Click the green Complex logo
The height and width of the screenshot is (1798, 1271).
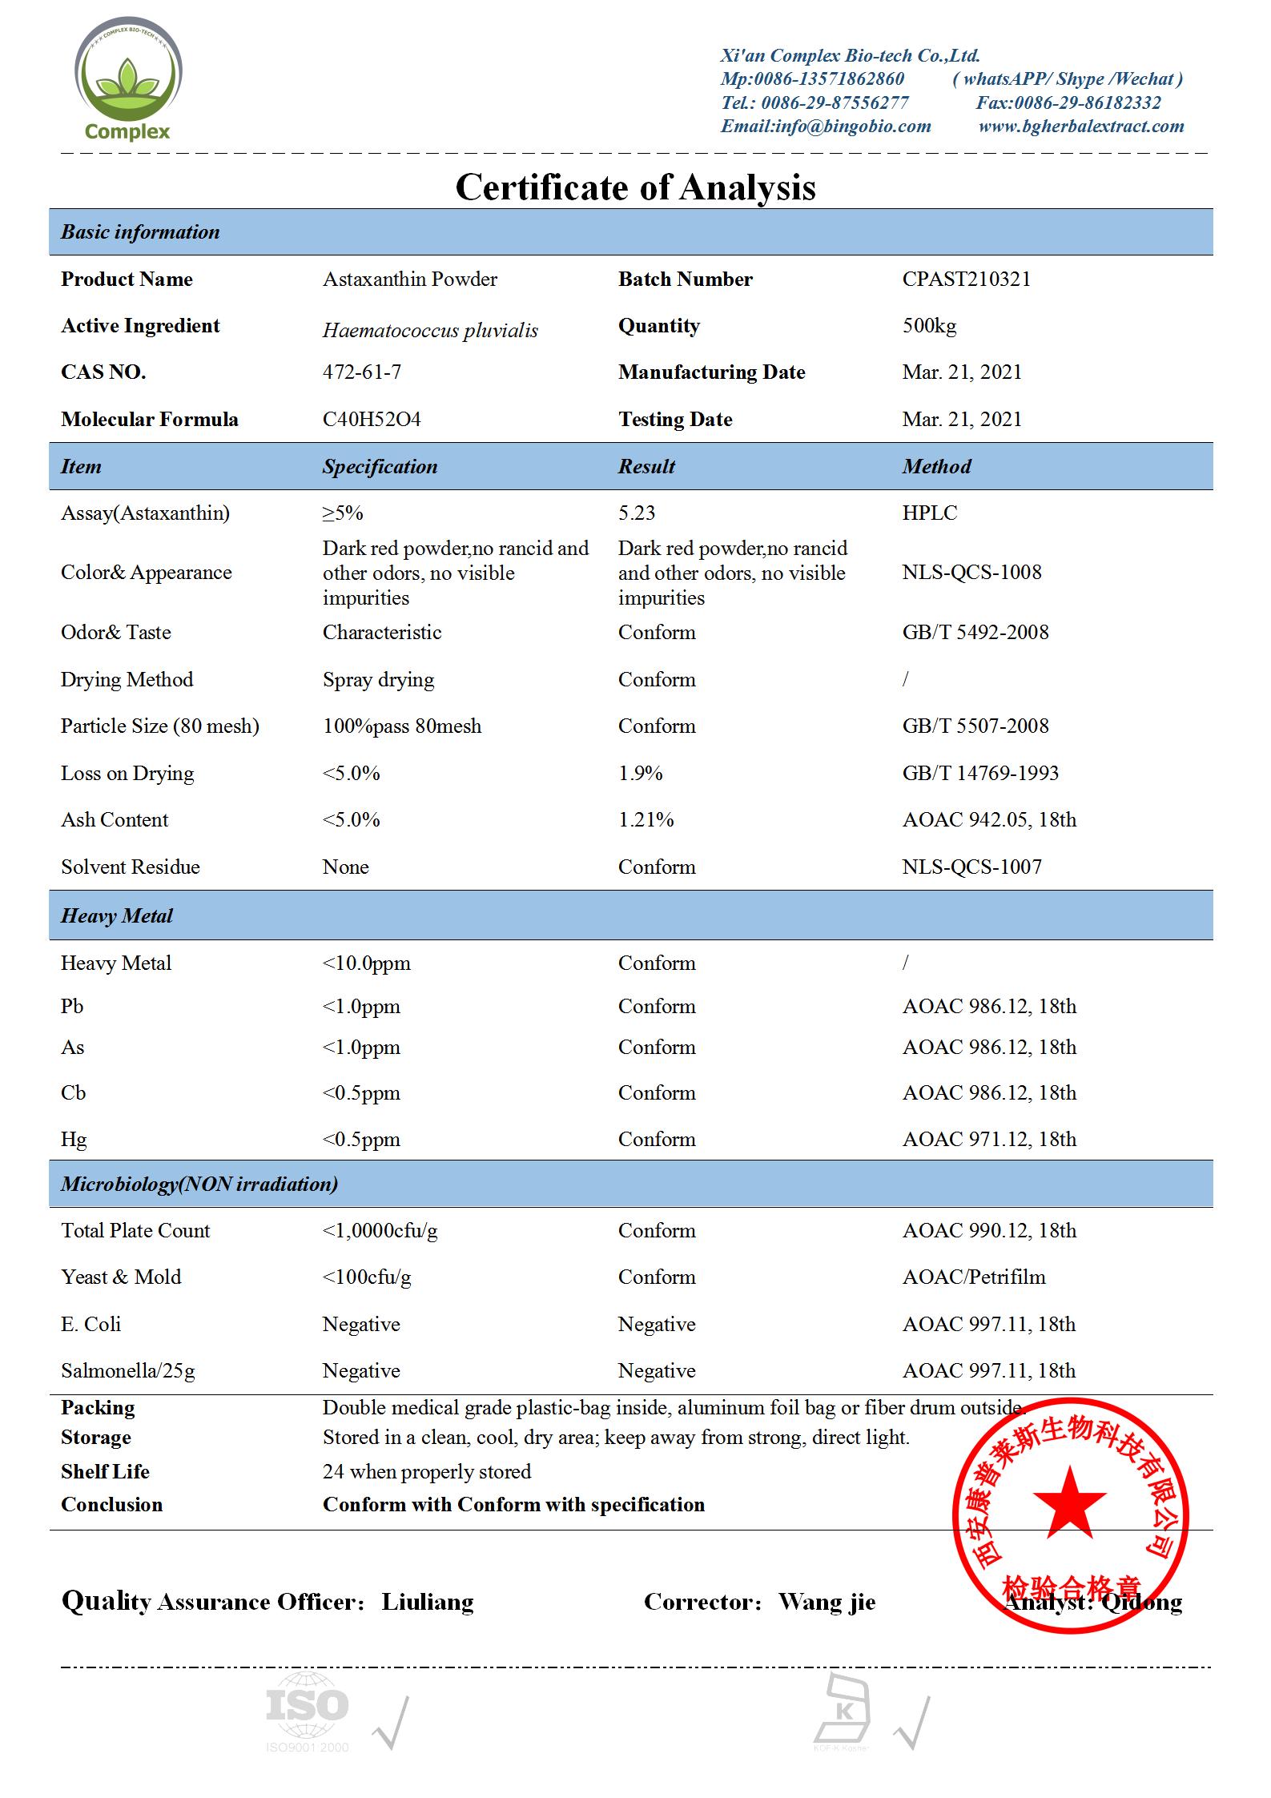pos(128,80)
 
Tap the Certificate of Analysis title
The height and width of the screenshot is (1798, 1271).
pos(635,187)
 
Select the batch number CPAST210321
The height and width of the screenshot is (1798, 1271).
pos(966,280)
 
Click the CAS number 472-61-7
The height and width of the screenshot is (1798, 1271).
pos(361,372)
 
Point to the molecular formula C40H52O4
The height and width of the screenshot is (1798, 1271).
pos(371,420)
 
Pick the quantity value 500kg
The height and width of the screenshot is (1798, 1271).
pos(929,326)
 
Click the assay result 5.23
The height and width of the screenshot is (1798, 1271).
pos(636,513)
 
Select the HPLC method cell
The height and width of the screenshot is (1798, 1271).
pos(929,513)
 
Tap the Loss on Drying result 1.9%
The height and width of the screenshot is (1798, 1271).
pos(640,774)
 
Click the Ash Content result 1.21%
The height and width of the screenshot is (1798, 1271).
pos(646,820)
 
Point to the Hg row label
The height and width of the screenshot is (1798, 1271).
pos(73,1140)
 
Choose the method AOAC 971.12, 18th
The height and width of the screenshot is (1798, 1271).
pos(988,1140)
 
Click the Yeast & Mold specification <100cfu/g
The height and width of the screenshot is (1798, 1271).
pos(366,1277)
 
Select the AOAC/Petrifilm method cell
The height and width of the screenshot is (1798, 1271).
pos(973,1277)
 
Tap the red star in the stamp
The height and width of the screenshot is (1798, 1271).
pos(1069,1500)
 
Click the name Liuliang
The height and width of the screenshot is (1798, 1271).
pos(427,1602)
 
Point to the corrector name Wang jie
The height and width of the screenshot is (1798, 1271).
pos(827,1602)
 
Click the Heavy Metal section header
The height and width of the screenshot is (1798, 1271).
pos(117,916)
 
